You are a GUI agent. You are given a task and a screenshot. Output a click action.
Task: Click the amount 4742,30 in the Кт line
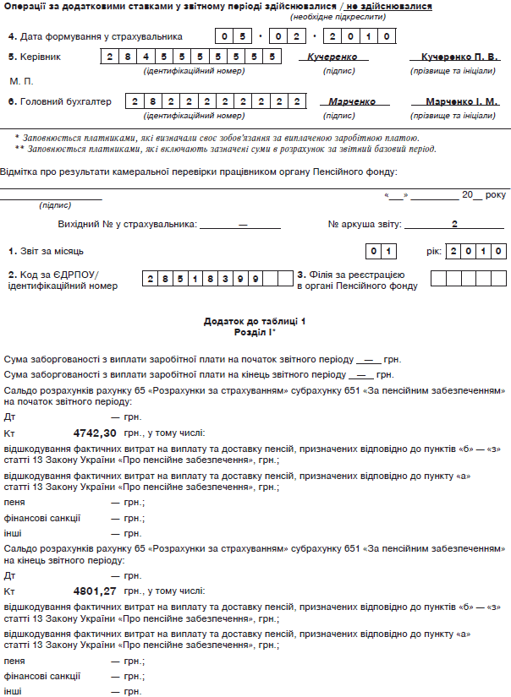(x=94, y=433)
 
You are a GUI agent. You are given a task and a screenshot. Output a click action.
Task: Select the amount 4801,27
(x=94, y=591)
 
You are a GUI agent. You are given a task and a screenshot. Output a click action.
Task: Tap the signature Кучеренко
(x=327, y=57)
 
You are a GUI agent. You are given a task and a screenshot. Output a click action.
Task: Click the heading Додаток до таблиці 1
(x=255, y=322)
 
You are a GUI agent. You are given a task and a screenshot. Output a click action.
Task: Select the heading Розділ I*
(x=255, y=332)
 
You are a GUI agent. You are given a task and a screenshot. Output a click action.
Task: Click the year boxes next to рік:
(x=476, y=251)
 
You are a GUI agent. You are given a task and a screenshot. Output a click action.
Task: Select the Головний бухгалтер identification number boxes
(x=216, y=101)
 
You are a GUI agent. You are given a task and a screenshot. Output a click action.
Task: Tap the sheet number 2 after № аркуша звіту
(x=453, y=225)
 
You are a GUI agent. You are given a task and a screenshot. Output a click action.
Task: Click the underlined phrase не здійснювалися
(x=389, y=7)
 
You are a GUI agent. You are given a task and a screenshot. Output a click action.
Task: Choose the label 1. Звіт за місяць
(x=46, y=252)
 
